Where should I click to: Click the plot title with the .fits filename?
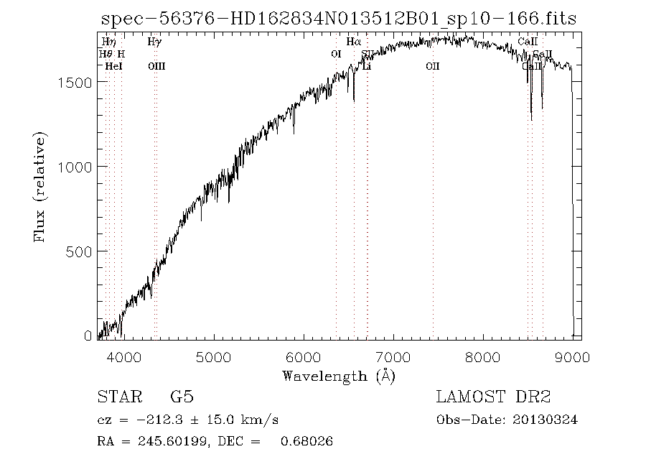(337, 19)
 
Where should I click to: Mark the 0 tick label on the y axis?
(88, 336)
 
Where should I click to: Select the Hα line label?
(353, 42)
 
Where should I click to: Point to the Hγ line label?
(154, 42)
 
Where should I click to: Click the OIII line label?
(156, 66)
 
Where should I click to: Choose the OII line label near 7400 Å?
(432, 66)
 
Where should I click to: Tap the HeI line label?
(113, 66)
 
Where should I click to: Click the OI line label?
(336, 54)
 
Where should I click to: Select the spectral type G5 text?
(181, 397)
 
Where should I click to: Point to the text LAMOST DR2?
(492, 397)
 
